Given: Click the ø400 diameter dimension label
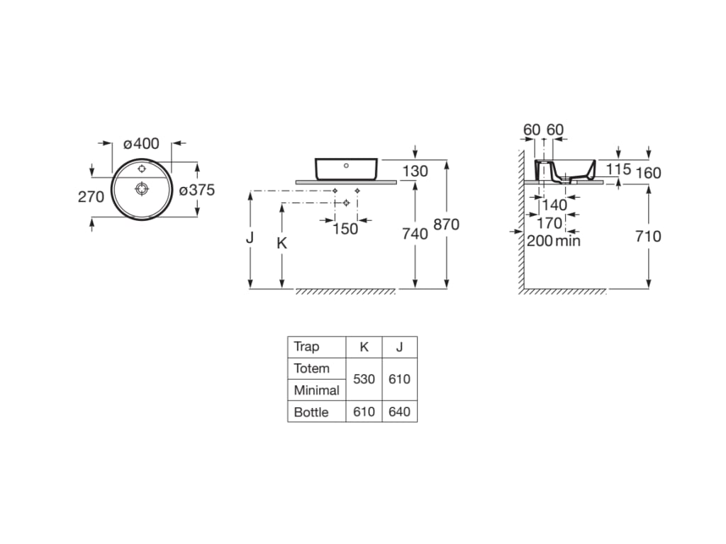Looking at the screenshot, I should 142,144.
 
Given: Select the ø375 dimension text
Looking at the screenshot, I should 196,190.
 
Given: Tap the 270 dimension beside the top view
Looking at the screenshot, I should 91,197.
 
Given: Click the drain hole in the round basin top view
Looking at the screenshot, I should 142,188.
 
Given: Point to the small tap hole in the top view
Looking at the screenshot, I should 142,169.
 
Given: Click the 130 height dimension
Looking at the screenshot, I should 415,171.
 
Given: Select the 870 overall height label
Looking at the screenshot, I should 446,225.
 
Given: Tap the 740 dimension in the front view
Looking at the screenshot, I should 415,233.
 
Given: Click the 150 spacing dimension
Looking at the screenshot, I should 345,228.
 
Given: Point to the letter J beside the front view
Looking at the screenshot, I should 250,238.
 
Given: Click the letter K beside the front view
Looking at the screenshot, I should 281,243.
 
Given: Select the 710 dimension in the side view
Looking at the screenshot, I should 648,236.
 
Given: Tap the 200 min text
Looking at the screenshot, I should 554,241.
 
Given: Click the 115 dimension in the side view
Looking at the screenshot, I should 618,169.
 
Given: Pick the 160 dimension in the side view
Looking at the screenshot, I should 648,173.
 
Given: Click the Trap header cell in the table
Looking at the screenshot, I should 306,346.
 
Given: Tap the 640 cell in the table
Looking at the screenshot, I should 399,412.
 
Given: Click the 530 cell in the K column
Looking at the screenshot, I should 364,379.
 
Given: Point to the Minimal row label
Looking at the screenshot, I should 316,390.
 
